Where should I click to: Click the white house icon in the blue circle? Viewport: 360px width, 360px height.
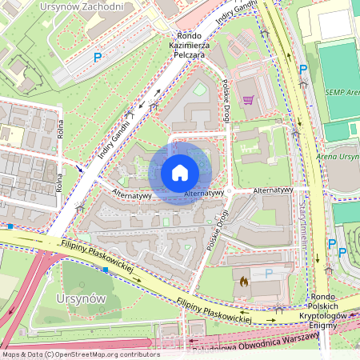[180, 172]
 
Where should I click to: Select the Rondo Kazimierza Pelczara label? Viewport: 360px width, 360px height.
[189, 47]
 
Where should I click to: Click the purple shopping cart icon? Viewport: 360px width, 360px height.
[248, 100]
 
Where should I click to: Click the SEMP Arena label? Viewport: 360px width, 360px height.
[342, 92]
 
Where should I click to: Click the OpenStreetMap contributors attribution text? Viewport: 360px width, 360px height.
[80, 354]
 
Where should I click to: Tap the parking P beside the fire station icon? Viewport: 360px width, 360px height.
[269, 274]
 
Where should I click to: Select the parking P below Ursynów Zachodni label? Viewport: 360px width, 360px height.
[98, 58]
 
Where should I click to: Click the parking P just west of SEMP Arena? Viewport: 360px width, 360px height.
[302, 70]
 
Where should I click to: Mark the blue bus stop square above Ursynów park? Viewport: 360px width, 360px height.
[106, 270]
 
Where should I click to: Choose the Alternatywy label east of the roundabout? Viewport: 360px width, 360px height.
[272, 191]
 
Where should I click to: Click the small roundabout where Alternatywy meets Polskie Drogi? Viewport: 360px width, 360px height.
[228, 192]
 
